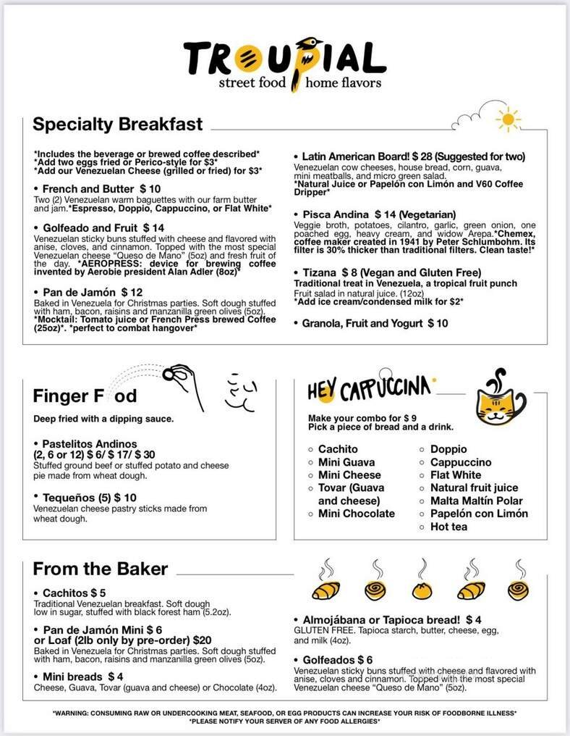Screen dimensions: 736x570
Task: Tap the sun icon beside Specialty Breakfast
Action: click(x=508, y=118)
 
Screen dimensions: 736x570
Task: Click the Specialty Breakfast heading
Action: click(x=118, y=124)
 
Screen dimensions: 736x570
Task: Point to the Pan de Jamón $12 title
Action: click(x=87, y=292)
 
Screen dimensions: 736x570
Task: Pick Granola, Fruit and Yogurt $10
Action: click(x=375, y=323)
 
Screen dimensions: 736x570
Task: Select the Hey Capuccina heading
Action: click(x=369, y=390)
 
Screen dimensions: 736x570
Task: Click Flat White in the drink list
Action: click(x=456, y=475)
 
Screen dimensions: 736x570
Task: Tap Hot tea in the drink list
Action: click(x=448, y=527)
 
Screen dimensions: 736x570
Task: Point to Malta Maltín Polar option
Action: click(x=476, y=501)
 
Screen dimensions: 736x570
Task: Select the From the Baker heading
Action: click(x=100, y=569)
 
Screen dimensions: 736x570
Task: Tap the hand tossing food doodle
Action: click(x=182, y=377)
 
